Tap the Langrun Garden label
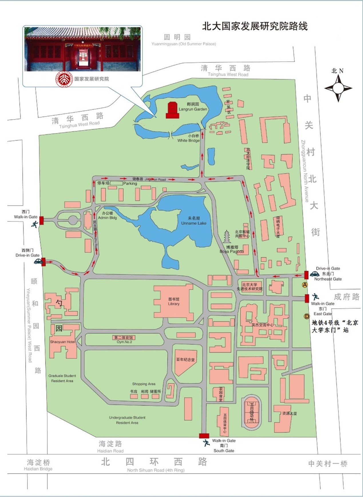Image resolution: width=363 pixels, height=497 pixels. point(193,107)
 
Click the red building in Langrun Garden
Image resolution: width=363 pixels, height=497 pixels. point(172,110)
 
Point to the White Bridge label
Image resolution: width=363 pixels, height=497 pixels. point(188,138)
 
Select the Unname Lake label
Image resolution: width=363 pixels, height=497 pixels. point(194,221)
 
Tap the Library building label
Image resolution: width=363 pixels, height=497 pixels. point(174,302)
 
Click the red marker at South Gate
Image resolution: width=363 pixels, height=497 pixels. point(204,436)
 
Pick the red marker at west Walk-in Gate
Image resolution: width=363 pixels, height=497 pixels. point(41,221)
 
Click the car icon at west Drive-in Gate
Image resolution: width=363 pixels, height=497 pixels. point(38,261)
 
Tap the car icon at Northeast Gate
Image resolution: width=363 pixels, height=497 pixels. point(314,274)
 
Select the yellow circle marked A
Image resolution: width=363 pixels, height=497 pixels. point(305,285)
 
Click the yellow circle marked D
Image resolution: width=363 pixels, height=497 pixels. point(307,316)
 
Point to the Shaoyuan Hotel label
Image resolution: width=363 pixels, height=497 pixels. point(62,342)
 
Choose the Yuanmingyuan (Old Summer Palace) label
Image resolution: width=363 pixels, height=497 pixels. point(184,44)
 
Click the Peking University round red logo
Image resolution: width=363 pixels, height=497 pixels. point(64,79)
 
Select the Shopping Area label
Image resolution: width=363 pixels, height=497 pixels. point(144,384)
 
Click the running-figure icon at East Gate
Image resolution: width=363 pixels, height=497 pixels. point(316,297)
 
